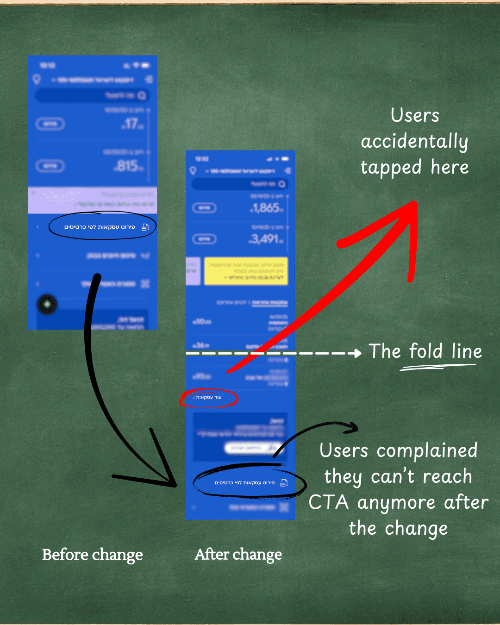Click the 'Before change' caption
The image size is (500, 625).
coord(92,555)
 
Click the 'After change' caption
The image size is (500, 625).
coord(238,554)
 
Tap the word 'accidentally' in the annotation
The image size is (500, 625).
coord(414,142)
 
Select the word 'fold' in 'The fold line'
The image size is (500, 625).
coord(425,351)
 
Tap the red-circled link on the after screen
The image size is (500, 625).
coord(208,398)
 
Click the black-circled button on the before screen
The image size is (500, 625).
coord(102,227)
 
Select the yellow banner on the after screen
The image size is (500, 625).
coord(246,271)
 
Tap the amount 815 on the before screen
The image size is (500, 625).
coord(128,166)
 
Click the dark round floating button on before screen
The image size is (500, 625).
coord(47,304)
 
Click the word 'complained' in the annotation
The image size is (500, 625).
coord(426,450)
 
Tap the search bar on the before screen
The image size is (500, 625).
coord(93,95)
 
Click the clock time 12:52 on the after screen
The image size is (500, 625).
coord(202,159)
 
